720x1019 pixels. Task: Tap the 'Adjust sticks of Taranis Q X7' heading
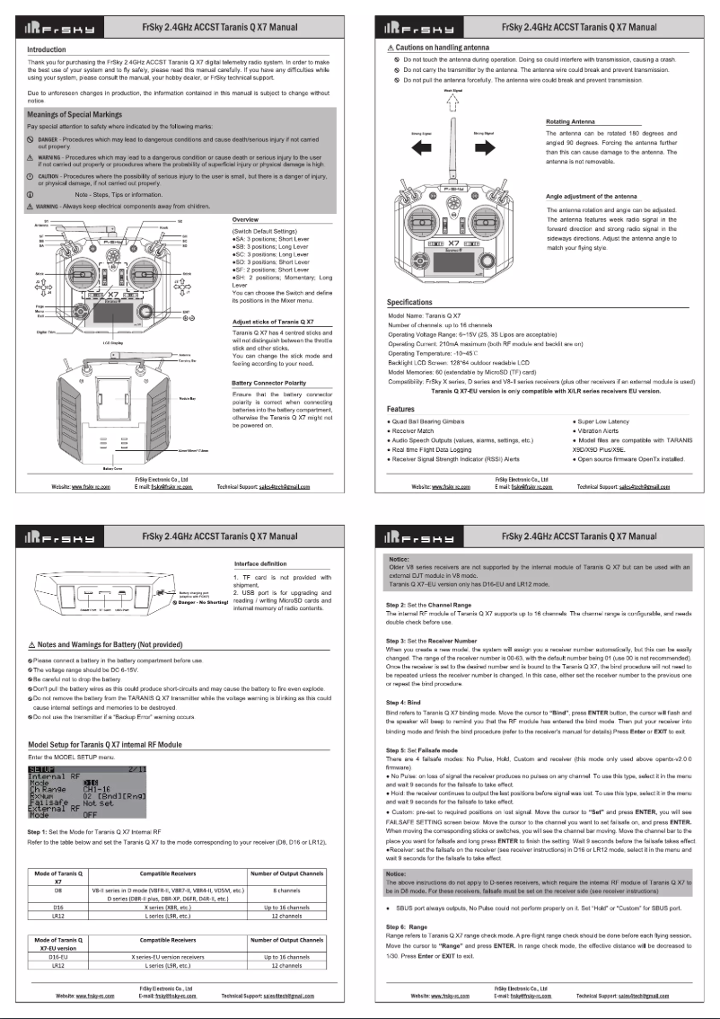click(x=273, y=321)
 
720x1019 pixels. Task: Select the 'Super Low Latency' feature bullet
click(x=604, y=421)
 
